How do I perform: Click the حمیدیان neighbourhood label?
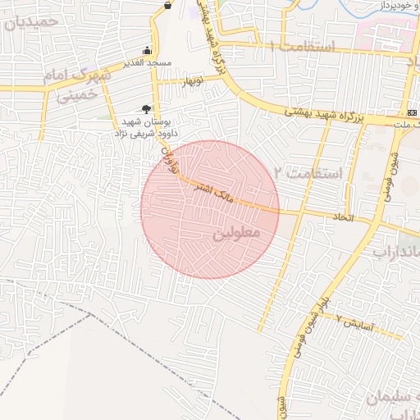pos(33,22)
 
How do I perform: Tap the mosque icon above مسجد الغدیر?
pos(147,50)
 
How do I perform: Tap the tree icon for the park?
pos(146,108)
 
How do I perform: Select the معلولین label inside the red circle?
pos(235,234)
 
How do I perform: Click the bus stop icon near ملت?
pos(411,112)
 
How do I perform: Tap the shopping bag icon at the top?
pos(168,5)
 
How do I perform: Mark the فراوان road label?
pos(168,155)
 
